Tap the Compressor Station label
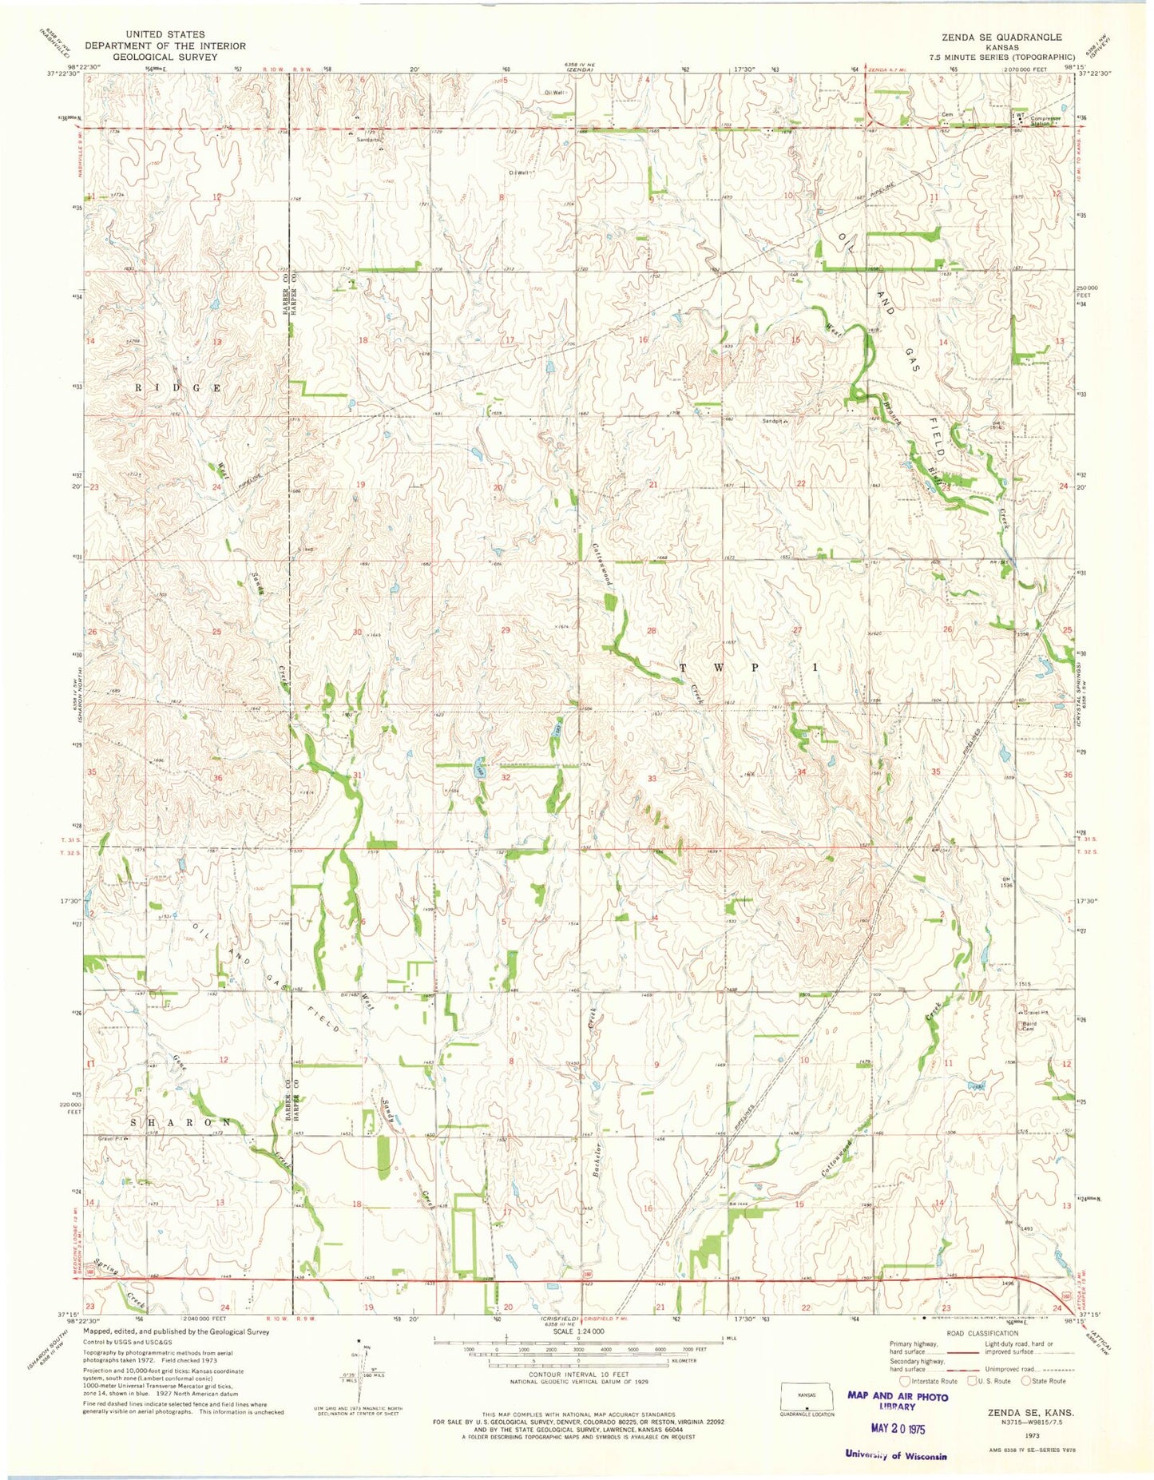(1045, 121)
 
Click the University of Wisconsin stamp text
(896, 1454)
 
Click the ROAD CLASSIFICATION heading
(981, 1334)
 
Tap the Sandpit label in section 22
(775, 421)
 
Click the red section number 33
(652, 778)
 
